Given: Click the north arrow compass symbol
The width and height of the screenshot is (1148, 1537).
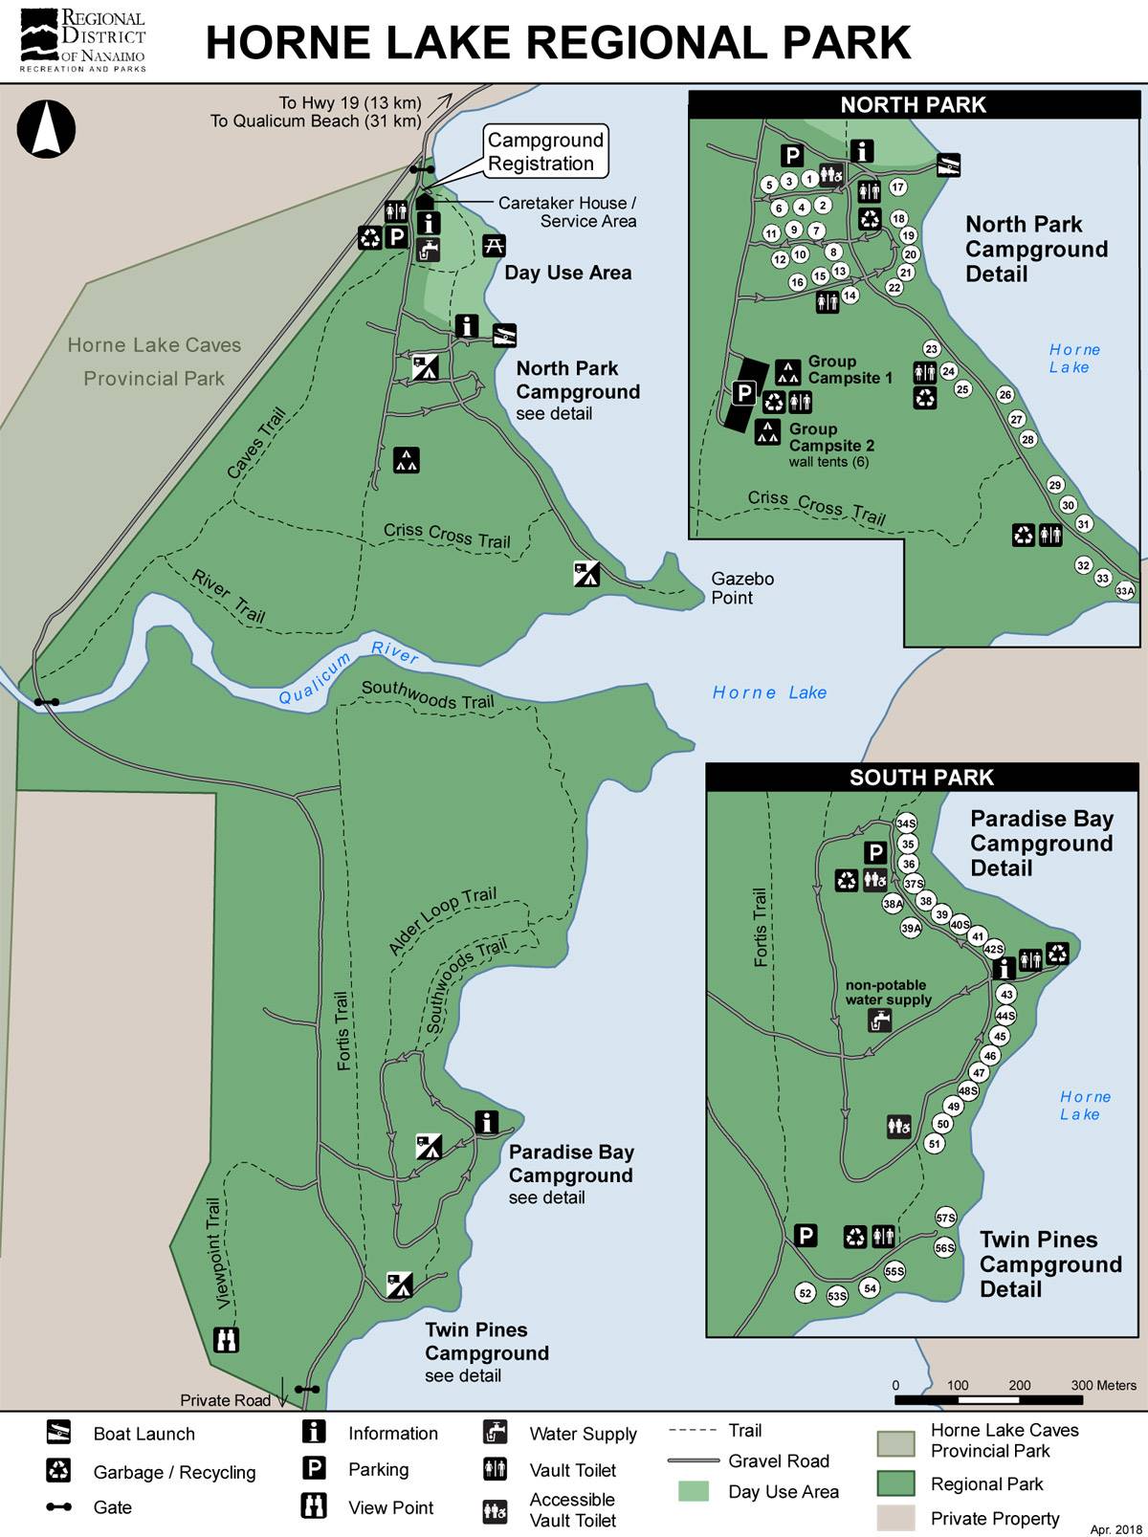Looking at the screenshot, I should tap(46, 130).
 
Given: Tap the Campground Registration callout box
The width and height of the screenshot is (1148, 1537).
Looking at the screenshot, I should tap(545, 151).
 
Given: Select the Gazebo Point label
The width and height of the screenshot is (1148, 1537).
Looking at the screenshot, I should tap(742, 588).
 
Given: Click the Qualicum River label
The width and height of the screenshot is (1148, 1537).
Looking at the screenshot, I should tap(348, 673).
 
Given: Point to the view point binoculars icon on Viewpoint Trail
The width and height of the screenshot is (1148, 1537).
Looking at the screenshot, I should tap(226, 1339).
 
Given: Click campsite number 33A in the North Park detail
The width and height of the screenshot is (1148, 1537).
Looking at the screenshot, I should tap(1125, 592).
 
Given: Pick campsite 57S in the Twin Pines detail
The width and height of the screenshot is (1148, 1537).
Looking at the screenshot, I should tap(945, 1218).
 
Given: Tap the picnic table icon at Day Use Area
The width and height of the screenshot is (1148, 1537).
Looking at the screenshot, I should tap(494, 245).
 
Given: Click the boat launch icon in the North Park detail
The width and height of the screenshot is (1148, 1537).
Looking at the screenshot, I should tap(947, 165).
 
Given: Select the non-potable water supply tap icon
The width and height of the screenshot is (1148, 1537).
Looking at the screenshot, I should tap(879, 1021).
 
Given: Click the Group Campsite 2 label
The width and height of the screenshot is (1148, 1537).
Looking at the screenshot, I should tap(830, 437).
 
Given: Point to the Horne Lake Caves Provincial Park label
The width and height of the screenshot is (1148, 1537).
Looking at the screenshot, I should tap(154, 362).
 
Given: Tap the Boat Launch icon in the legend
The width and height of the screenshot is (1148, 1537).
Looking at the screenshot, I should tap(58, 1432).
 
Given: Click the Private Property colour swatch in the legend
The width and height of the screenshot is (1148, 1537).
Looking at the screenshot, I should tap(896, 1518).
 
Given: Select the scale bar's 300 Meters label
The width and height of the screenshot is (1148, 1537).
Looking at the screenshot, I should tap(1103, 1385).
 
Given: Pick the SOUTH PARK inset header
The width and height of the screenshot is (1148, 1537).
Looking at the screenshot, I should tap(921, 778).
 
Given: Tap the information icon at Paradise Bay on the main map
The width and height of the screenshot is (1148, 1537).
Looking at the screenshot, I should tap(488, 1122).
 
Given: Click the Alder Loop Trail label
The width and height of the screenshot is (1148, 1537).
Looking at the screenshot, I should tap(442, 921).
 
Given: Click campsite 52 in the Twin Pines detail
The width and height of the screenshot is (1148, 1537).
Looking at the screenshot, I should tap(806, 1293).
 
